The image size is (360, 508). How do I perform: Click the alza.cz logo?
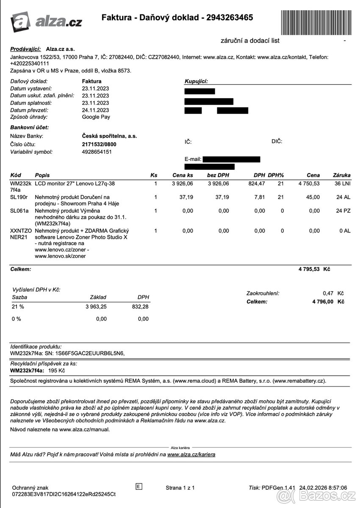[46, 21]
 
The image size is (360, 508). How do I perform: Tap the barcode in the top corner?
[315, 18]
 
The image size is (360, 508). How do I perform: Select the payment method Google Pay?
[96, 117]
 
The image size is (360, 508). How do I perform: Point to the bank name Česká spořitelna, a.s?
[109, 136]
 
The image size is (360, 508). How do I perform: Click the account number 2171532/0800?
[99, 144]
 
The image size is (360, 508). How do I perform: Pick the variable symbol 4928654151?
[97, 152]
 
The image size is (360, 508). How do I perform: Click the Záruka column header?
[342, 175]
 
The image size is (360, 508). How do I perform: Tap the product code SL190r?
[19, 197]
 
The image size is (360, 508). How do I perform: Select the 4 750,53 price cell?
[309, 184]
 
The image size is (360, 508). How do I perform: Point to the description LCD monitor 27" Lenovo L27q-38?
[75, 184]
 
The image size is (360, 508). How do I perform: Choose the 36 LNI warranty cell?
[342, 184]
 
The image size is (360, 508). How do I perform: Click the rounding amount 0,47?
[328, 293]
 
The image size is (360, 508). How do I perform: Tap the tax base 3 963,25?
[96, 306]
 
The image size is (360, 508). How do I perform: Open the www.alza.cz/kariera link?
[191, 455]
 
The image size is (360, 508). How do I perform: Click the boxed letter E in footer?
[138, 486]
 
